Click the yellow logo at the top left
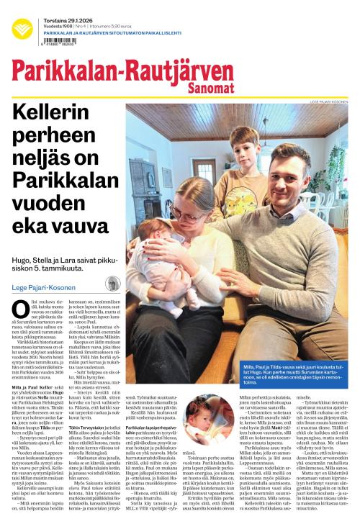click(x=22, y=30)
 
